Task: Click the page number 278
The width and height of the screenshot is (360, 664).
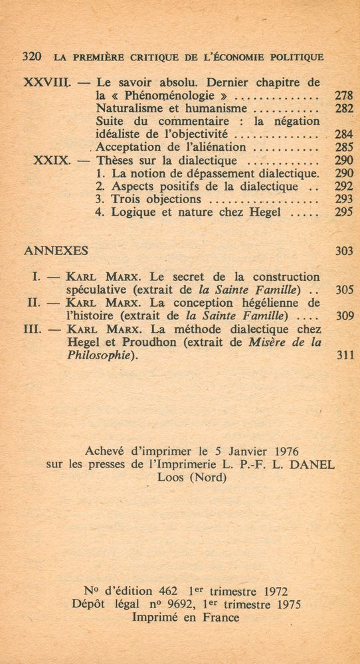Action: point(343,96)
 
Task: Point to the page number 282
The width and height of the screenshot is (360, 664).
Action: point(343,108)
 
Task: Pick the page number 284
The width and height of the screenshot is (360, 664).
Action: point(343,134)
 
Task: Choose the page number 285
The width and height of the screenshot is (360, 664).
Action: point(343,147)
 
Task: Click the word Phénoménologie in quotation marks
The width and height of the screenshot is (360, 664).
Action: point(169,96)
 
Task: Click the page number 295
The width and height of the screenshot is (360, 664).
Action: point(343,212)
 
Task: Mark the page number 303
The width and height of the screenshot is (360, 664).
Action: point(344,251)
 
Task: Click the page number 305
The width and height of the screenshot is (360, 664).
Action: point(344,290)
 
